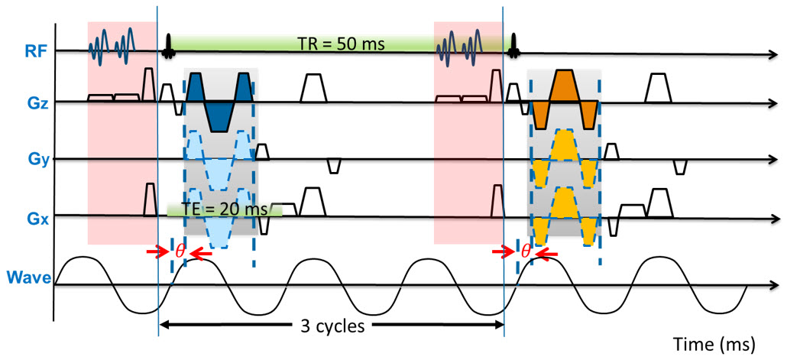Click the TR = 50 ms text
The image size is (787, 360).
(x=345, y=42)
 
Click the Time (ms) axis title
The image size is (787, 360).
(x=715, y=340)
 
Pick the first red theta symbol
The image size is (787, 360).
(x=180, y=250)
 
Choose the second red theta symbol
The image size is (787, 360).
(x=526, y=250)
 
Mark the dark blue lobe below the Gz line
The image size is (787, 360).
(x=219, y=116)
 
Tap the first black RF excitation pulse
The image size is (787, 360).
(x=167, y=49)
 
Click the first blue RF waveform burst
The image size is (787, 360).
(x=112, y=45)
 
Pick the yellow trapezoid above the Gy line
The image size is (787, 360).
(x=565, y=144)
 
